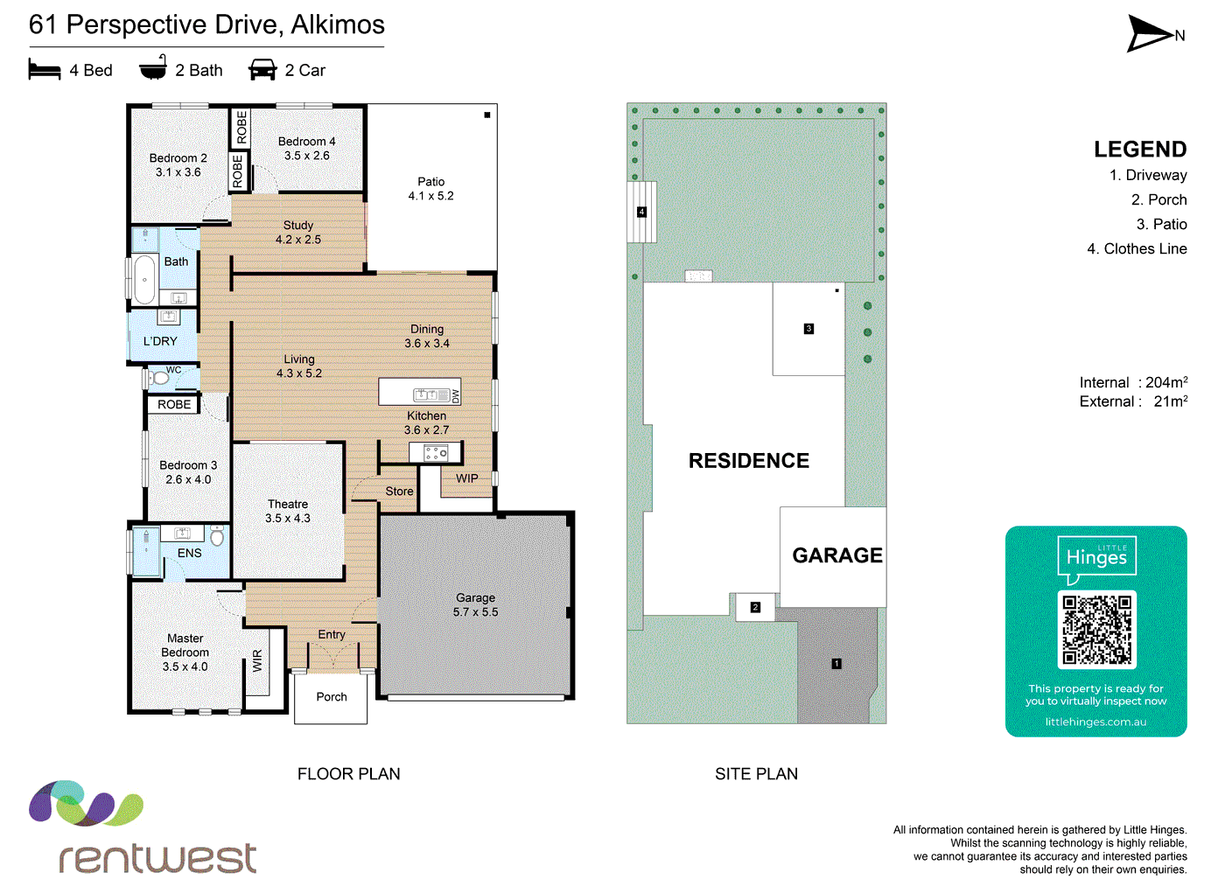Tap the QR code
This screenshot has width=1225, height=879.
pyautogui.click(x=1096, y=629)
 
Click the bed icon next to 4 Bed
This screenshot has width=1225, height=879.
pyautogui.click(x=45, y=71)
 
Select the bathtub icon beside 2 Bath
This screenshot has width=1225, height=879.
pyautogui.click(x=152, y=67)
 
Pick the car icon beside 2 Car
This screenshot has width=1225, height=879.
pyautogui.click(x=262, y=69)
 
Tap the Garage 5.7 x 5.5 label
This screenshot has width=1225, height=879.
pyautogui.click(x=475, y=604)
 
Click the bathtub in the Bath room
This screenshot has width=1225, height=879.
pyautogui.click(x=144, y=279)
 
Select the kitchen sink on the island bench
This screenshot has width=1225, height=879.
pyautogui.click(x=431, y=394)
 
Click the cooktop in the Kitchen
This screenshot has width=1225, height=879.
pyautogui.click(x=436, y=453)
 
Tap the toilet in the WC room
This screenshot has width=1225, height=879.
pyautogui.click(x=158, y=378)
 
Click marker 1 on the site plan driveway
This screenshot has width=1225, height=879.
pyautogui.click(x=836, y=664)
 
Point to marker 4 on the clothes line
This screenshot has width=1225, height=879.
pyautogui.click(x=641, y=212)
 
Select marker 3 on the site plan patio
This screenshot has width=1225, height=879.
pyautogui.click(x=808, y=329)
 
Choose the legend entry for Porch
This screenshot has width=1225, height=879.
pyautogui.click(x=1158, y=199)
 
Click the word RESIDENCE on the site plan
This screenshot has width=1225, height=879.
pyautogui.click(x=749, y=460)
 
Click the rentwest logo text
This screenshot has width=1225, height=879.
pyautogui.click(x=157, y=858)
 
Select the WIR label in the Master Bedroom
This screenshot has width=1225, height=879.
pyautogui.click(x=257, y=661)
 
